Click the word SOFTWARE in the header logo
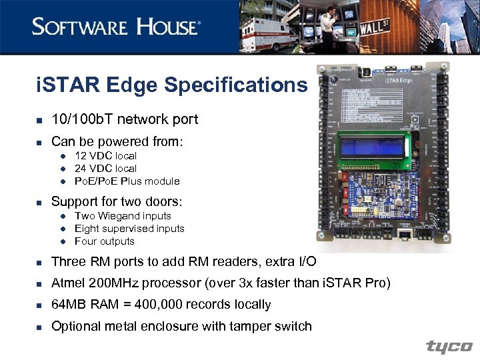[79, 27]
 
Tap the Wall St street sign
[378, 30]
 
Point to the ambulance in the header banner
[268, 33]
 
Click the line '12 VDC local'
[105, 155]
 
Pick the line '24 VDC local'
[105, 168]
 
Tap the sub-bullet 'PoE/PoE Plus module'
[127, 181]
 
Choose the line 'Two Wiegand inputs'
[123, 215]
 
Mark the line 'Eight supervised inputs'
[129, 228]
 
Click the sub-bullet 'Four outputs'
[105, 241]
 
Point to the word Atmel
[69, 283]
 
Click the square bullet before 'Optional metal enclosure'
[39, 327]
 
